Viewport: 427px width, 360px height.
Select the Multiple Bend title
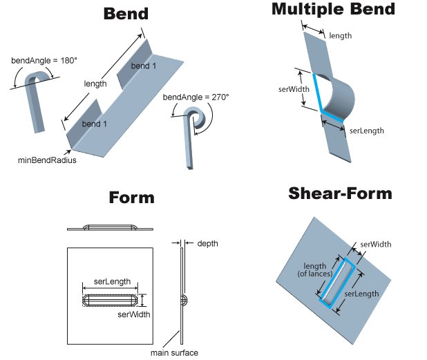[333, 9]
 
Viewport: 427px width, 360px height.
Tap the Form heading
[131, 198]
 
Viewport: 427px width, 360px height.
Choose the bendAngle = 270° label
[196, 97]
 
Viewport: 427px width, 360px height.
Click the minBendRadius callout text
[46, 160]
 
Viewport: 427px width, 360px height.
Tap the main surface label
[174, 353]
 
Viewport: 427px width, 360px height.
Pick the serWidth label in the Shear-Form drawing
[374, 244]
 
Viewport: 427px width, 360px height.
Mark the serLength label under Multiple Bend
[366, 130]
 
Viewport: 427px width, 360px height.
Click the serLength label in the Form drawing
[111, 282]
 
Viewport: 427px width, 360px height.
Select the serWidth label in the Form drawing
[134, 314]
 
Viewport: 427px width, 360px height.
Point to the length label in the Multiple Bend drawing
[341, 35]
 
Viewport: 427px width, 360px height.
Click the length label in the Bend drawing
[95, 84]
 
